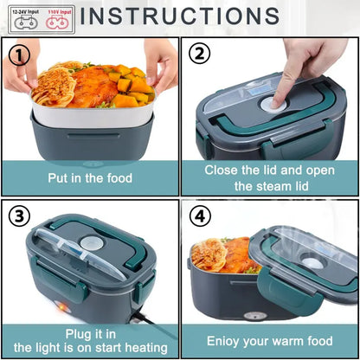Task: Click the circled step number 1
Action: (x=18, y=55)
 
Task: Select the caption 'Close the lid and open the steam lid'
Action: (x=270, y=177)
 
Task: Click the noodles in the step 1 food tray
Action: (x=53, y=87)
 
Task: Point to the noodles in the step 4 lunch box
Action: (x=209, y=254)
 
